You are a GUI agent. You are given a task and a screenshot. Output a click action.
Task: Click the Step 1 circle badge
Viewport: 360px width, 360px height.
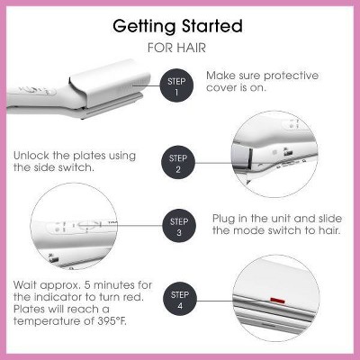176,85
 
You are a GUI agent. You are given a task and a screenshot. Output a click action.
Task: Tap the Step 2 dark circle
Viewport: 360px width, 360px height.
178,163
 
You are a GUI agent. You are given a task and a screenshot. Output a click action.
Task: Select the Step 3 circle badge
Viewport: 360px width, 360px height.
179,226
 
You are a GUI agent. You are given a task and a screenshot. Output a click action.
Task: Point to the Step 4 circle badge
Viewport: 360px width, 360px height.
180,300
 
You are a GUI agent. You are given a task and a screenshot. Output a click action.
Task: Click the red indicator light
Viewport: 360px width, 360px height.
277,300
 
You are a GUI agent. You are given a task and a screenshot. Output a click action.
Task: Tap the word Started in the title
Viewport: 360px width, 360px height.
212,26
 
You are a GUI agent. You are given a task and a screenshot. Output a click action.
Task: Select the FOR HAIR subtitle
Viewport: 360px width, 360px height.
176,48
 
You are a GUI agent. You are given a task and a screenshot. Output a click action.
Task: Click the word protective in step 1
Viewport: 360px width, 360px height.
291,76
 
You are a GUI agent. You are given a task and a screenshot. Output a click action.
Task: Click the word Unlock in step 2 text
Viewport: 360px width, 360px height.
31,156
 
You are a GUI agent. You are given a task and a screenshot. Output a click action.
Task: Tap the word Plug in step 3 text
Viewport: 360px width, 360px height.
224,219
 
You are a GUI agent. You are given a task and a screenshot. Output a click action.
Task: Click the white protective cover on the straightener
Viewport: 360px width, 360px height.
110,83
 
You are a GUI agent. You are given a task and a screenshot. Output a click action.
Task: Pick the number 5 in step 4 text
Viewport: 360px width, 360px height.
87,284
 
